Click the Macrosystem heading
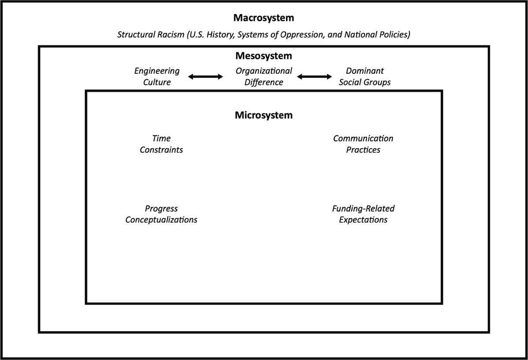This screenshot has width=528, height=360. (264, 18)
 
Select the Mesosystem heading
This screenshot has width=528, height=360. (264, 56)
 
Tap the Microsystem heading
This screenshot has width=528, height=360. (264, 115)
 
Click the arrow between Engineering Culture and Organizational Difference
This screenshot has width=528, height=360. (205, 77)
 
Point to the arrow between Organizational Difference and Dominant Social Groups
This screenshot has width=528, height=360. (315, 77)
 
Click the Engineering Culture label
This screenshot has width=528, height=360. (157, 77)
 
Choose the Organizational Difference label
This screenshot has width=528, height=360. (264, 77)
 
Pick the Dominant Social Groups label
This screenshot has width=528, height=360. (365, 77)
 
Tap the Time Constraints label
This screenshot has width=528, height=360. (161, 144)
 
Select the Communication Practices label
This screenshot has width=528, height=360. (363, 144)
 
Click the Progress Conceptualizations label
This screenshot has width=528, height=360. (161, 214)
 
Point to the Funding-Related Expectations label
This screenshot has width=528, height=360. (363, 214)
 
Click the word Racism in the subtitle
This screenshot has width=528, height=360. (171, 35)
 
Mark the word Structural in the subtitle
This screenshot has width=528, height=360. (136, 35)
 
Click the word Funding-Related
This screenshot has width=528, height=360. (363, 209)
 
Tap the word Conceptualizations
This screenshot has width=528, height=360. (161, 220)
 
